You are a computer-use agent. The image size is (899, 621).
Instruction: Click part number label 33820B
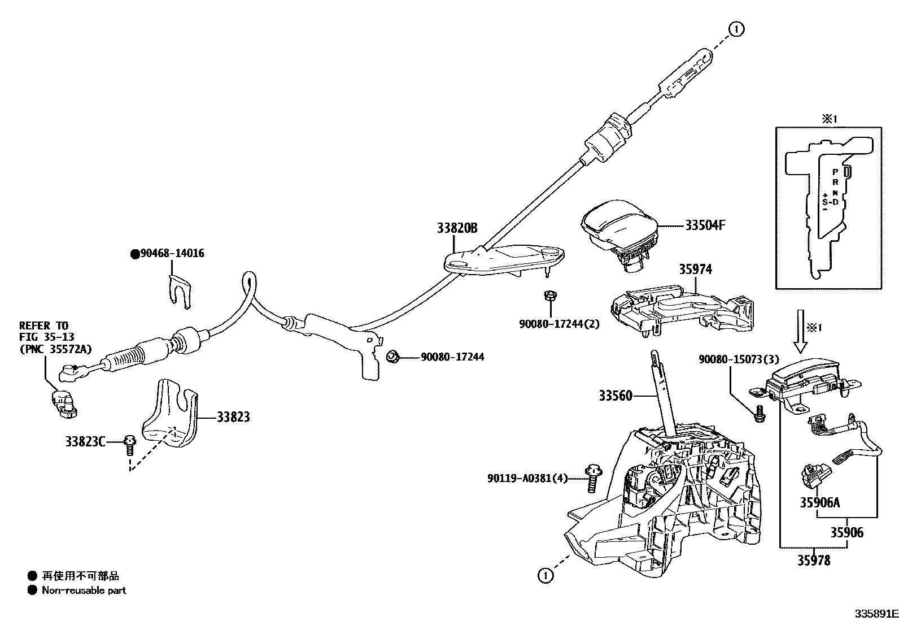tap(456, 228)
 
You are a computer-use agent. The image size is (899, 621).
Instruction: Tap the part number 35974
tap(695, 270)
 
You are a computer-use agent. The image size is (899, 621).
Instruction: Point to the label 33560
tap(616, 396)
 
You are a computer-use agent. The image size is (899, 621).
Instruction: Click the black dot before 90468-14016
tap(135, 254)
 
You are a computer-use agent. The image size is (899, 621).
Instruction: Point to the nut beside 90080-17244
tap(392, 357)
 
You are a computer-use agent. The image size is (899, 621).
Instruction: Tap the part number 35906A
tap(819, 502)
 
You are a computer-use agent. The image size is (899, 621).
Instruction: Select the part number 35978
tap(814, 560)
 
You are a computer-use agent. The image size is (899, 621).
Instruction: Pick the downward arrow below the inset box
tap(800, 333)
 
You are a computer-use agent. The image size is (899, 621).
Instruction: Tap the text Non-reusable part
tap(84, 590)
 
